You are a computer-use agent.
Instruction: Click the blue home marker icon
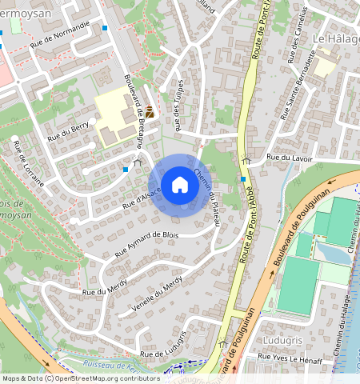(x=180, y=185)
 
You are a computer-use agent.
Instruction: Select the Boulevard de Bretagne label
(x=134, y=111)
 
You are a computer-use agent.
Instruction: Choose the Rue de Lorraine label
(x=27, y=163)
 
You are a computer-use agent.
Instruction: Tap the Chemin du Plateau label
(x=208, y=195)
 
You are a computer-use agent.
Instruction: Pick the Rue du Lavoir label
(x=289, y=158)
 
